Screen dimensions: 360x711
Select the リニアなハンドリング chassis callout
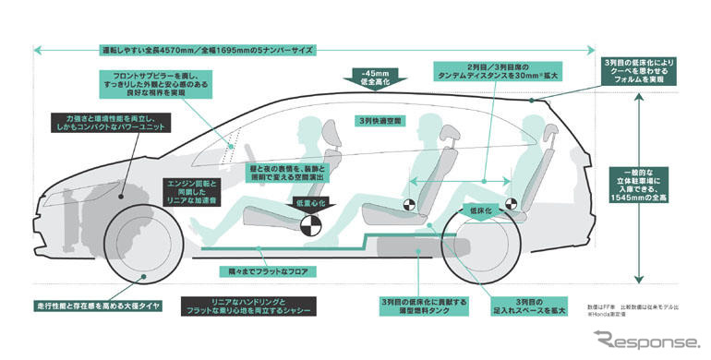[247, 306]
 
